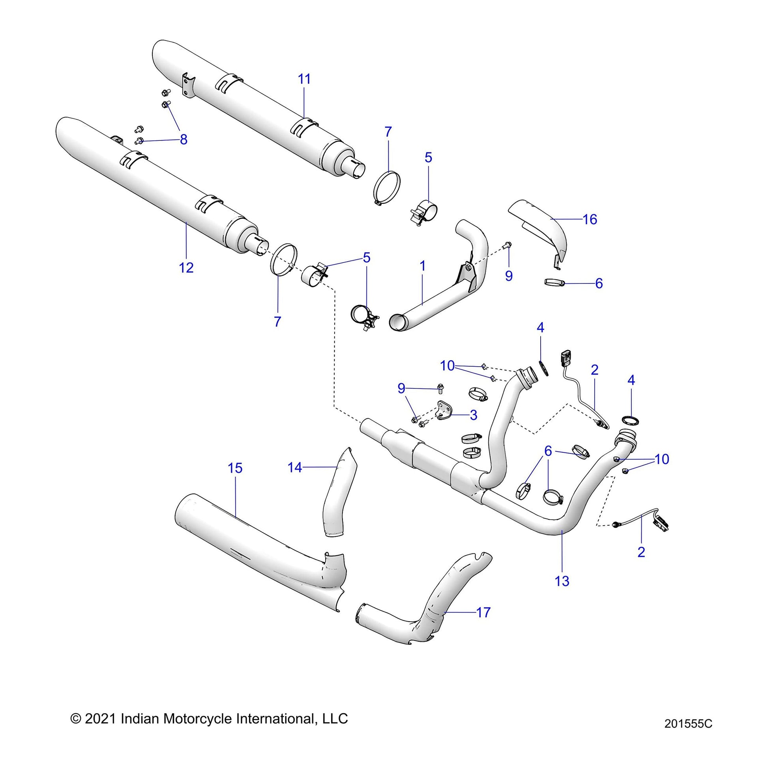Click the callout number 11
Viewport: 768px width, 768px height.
point(304,79)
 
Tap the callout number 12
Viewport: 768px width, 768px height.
point(186,268)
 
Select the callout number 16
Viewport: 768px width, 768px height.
point(590,219)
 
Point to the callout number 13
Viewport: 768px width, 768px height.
point(562,581)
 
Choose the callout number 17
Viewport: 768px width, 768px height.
point(483,613)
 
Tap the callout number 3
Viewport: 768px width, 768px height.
point(473,415)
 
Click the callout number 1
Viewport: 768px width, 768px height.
point(423,266)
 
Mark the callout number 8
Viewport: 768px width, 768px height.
point(183,140)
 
